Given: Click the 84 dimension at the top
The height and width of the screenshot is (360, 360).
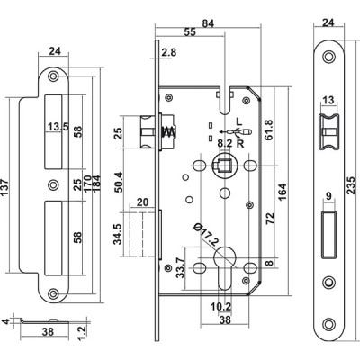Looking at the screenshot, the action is coord(207,23).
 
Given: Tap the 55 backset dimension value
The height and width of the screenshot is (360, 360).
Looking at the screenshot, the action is coord(190,32).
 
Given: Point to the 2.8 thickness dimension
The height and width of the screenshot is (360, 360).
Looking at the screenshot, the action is coord(169,52).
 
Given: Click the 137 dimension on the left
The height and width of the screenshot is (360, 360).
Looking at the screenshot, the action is coord(5,187).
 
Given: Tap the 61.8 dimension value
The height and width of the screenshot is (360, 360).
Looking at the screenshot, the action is coord(269,130).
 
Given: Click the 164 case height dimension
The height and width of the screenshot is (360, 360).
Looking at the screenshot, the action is coord(283,192).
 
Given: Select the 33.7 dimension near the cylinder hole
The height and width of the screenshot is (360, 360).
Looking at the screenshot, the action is coord(180,268).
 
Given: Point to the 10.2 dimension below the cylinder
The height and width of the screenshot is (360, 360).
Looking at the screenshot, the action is coord(220,307).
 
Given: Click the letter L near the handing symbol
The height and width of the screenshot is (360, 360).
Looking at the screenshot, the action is coord(239,121).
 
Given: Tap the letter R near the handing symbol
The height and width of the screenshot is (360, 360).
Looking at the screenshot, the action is coord(240,144).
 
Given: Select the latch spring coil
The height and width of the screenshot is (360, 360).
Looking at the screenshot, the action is coord(167,131).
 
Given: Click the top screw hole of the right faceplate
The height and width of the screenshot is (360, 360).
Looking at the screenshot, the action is coord(328,57).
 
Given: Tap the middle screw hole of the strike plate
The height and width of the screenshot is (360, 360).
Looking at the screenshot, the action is coord(54,184).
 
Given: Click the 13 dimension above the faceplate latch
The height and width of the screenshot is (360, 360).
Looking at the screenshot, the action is coord(328,100).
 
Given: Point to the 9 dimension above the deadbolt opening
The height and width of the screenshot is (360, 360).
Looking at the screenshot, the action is coord(328,196).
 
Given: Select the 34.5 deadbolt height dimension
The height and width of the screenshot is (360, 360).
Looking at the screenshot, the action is coord(119,234).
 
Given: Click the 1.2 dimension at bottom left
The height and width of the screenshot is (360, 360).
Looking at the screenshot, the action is coord(82,331).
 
